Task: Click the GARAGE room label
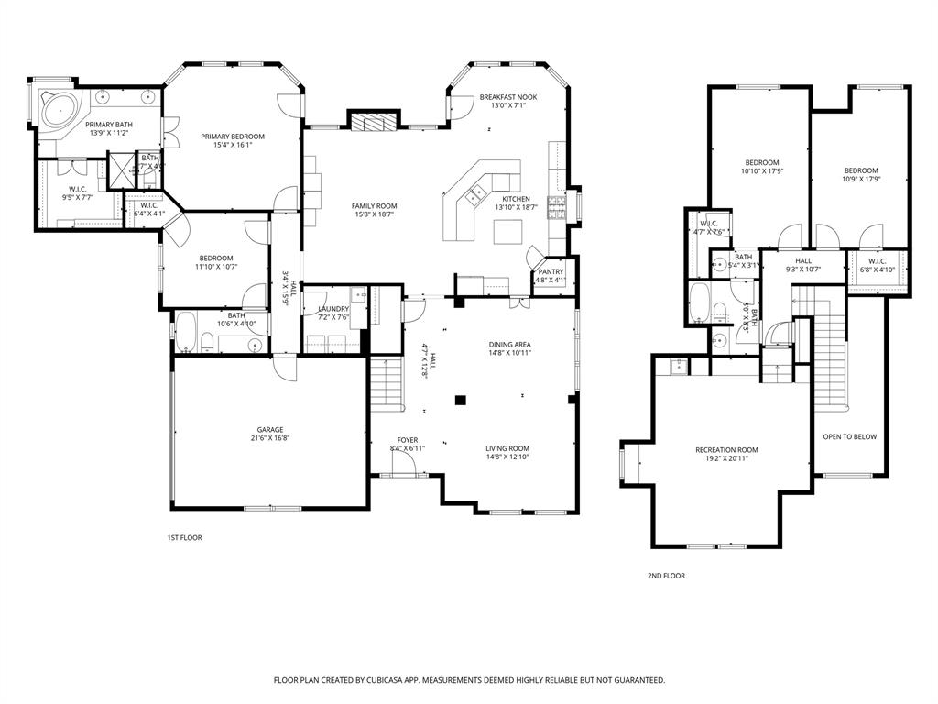point(269,429)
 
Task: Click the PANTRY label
point(551,271)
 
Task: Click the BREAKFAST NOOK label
point(507,96)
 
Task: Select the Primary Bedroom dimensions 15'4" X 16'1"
point(233,145)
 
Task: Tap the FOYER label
point(408,440)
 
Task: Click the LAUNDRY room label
point(333,309)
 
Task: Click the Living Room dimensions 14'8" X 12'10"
point(507,456)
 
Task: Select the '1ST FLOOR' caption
point(184,537)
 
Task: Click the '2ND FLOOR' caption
point(666,576)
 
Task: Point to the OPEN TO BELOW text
point(849,436)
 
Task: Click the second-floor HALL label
point(802,260)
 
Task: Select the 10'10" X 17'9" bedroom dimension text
point(761,170)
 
